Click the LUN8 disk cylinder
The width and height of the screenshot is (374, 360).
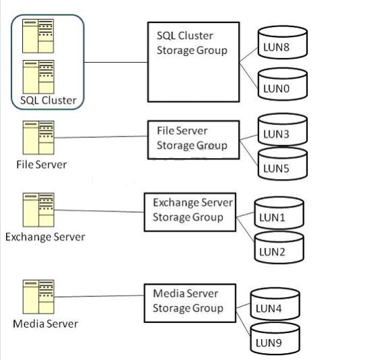pos(283,43)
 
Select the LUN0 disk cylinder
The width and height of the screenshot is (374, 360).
pos(283,84)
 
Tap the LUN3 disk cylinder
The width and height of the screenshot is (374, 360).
pos(283,130)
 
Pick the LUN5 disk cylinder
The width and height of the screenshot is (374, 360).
pos(283,164)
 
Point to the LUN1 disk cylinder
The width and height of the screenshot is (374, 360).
pos(279,213)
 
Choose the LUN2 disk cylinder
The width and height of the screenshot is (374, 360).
pos(279,248)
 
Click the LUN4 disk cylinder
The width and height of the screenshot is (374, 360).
pos(275,304)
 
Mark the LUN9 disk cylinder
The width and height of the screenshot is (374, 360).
pos(275,338)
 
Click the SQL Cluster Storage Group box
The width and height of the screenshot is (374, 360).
pos(193,62)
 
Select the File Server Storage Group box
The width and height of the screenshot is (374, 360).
pos(193,140)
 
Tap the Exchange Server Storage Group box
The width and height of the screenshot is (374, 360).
pos(190,212)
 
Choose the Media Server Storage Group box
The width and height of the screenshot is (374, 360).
pos(190,303)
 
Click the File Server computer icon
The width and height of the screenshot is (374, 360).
pos(39,138)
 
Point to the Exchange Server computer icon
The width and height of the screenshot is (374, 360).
pos(39,210)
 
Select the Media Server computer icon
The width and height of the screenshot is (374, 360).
pos(39,297)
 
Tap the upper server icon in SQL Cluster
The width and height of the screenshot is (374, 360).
pos(38,36)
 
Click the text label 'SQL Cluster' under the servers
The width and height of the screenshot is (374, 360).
pos(49,101)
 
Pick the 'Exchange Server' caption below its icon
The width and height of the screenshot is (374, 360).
pos(45,237)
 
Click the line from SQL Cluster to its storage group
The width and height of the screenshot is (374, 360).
pos(116,62)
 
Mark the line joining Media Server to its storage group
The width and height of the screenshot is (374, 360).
pos(99,296)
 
